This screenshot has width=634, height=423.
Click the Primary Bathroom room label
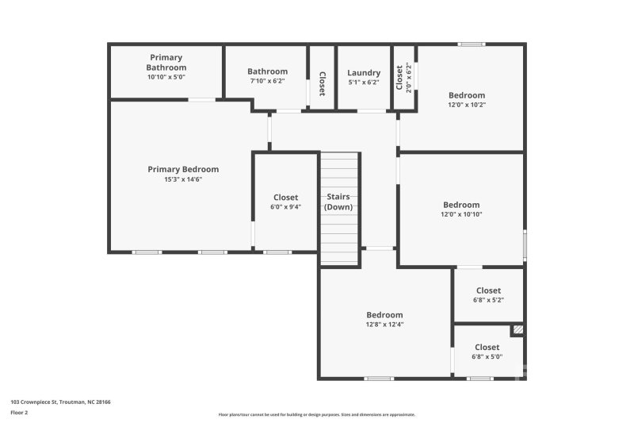pos(166,62)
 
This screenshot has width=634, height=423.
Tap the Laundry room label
pos(364,72)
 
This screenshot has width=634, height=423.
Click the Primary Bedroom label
pos(183,169)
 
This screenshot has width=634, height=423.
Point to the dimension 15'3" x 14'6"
pos(183,179)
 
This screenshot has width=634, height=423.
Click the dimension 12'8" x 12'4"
pos(384,325)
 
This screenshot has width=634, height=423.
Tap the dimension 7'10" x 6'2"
pos(266,82)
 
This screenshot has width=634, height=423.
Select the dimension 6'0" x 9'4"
pos(286,208)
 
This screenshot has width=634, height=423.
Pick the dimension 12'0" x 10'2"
pos(467,105)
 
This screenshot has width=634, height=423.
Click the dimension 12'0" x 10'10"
pos(461,214)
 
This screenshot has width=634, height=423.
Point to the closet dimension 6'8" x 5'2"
pos(488,301)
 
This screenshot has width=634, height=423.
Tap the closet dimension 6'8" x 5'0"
pos(487,357)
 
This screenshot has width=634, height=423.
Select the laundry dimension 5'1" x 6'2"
pos(364,83)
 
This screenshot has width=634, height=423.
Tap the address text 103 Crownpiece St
pos(60,402)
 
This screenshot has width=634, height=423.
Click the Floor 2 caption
pos(19,413)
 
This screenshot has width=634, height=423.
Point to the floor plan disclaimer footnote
pos(316,414)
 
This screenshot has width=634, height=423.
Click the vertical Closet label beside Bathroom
pos(323,83)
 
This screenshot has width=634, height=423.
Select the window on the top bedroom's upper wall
pos(472,44)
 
